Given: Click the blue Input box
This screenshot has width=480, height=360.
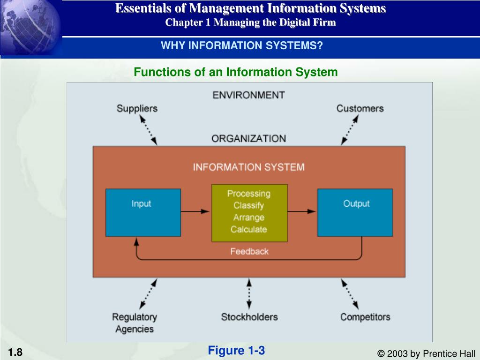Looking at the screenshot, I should [143, 212].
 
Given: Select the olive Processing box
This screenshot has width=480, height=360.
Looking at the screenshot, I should [249, 213].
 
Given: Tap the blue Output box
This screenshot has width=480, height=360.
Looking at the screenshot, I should [355, 212].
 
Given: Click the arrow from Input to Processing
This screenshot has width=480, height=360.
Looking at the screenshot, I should [196, 211].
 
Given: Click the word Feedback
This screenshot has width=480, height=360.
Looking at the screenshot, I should [249, 252].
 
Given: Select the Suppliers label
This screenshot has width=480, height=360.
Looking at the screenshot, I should [137, 108].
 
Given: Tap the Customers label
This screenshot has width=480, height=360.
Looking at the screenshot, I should [360, 108].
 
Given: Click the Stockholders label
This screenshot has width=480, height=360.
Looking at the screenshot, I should [249, 317].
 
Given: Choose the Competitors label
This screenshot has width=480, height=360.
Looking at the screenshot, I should [365, 317].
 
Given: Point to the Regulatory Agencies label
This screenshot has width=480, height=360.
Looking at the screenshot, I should [135, 323].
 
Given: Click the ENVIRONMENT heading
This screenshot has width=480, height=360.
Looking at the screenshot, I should [248, 95].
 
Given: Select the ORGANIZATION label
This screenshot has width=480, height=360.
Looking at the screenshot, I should [248, 139].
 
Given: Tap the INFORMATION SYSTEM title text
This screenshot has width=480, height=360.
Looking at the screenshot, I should [249, 167].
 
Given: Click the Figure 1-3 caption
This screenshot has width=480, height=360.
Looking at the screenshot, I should [237, 351].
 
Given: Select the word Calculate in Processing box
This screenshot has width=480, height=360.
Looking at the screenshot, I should [249, 230].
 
